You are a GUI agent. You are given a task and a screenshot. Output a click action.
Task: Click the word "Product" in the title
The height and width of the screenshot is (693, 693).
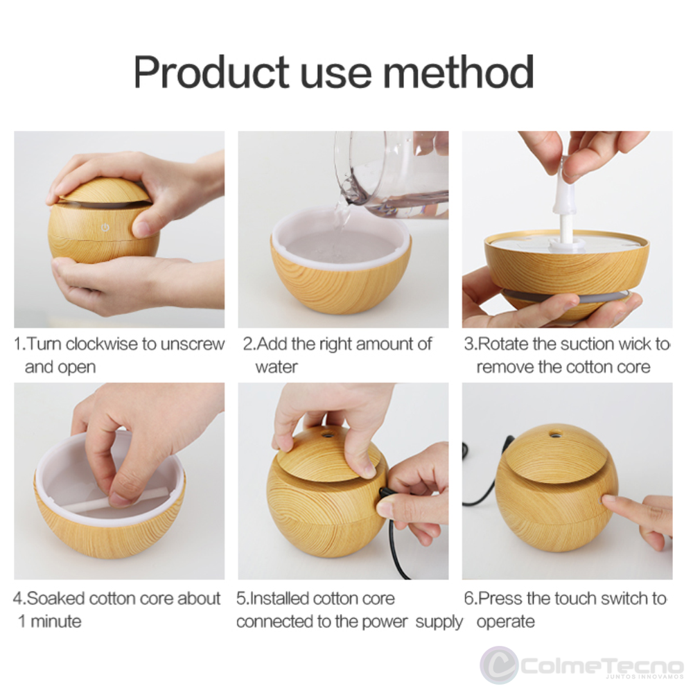(x=211, y=72)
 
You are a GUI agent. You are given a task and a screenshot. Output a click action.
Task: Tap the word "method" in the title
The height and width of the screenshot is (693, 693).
(x=458, y=72)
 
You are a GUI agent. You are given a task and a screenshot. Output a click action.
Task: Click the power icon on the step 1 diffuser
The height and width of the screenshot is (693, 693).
(x=105, y=227)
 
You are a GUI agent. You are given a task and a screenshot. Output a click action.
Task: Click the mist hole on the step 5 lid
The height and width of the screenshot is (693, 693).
(x=328, y=435)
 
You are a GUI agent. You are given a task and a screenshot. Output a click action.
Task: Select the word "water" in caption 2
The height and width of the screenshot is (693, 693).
(x=277, y=367)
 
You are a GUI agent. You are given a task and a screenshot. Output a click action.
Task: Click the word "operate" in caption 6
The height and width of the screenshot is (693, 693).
(x=506, y=622)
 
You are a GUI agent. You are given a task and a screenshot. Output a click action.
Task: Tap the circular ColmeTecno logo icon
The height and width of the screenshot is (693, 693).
(x=500, y=665)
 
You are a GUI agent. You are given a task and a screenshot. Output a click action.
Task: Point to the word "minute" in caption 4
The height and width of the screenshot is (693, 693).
(x=55, y=622)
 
